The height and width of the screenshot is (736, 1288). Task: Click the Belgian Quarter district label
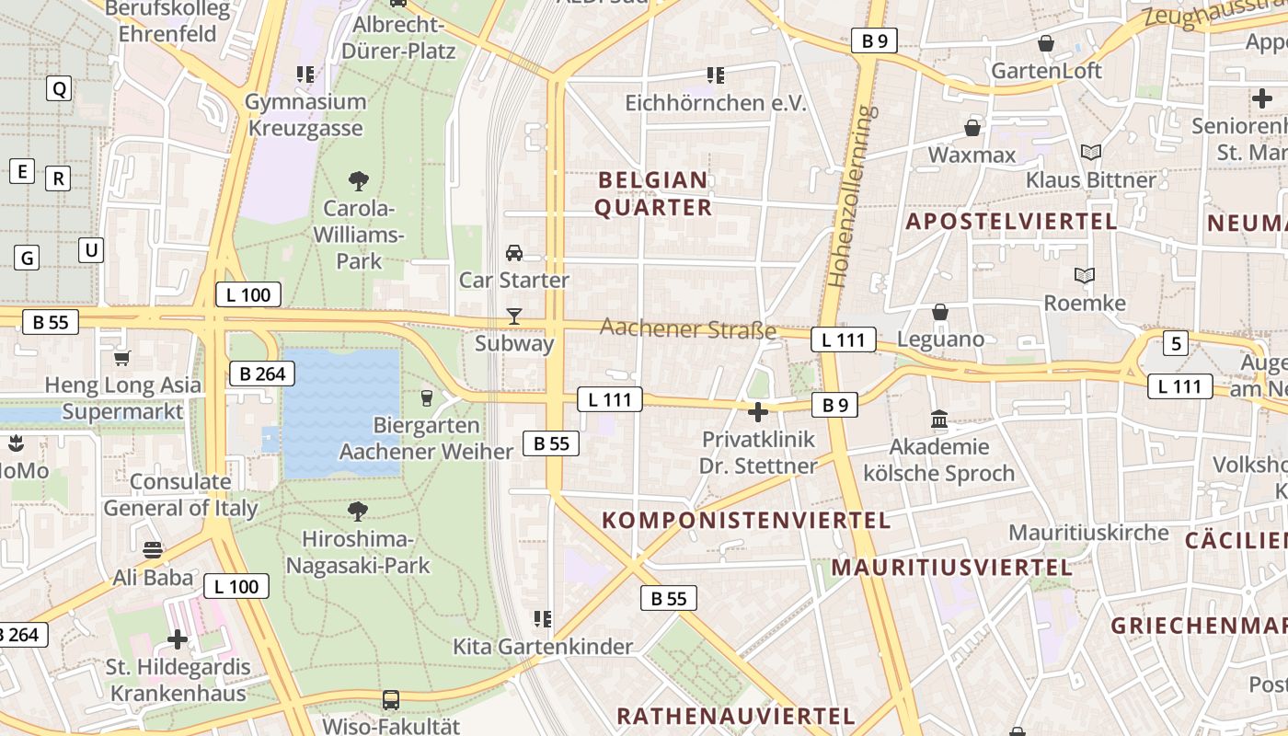pos(653,193)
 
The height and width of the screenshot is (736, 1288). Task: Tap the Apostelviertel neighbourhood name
pos(1011,221)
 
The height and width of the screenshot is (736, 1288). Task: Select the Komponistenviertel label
pos(746,520)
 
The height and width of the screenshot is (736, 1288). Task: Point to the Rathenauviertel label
pos(736,716)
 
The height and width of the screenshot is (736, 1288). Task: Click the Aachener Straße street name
pos(688,328)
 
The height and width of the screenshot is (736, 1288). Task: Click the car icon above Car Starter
pos(514,252)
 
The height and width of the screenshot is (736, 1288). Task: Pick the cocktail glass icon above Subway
pos(514,316)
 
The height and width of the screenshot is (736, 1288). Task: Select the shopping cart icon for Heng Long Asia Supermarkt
pos(121,358)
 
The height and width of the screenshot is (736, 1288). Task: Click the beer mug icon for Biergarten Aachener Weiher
pos(426,397)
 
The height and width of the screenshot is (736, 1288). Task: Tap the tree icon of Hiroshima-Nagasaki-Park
pos(358,511)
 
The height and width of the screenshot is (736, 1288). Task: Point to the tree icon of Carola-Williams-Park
pos(359,180)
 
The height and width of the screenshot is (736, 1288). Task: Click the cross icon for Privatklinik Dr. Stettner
pos(758,412)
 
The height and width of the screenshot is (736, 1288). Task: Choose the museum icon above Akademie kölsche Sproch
pos(939,420)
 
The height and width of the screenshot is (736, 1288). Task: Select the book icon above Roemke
pos(1086,275)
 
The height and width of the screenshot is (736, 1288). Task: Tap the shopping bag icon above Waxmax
pos(972,127)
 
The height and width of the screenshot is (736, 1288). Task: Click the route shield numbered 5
pos(1175,344)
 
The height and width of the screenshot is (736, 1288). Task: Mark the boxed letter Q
pos(59,88)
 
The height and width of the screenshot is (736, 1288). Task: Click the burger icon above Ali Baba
pos(153,550)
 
